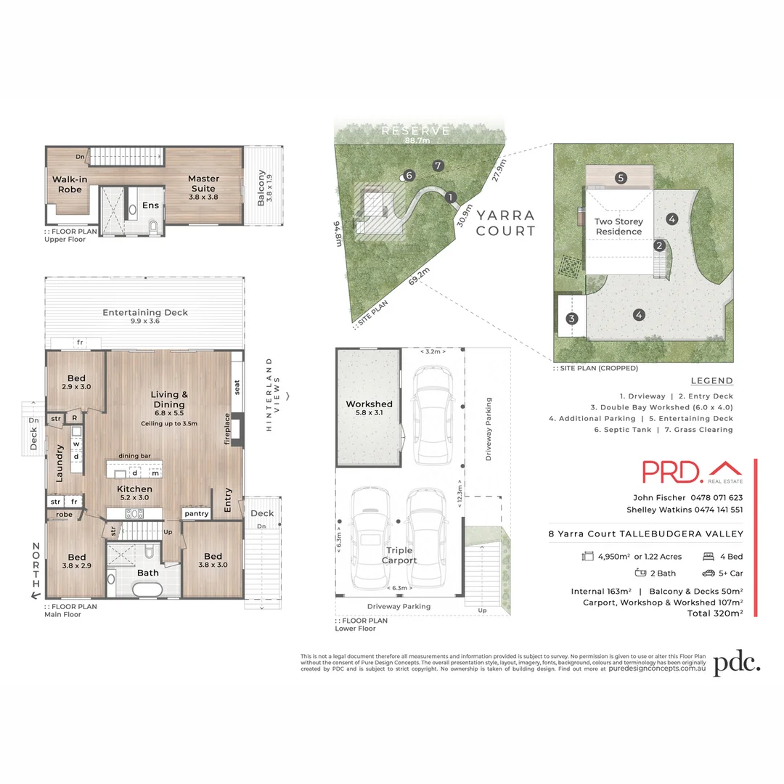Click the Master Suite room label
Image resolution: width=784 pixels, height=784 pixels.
pos(203,184)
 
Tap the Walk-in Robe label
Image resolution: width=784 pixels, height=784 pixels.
pos(66,184)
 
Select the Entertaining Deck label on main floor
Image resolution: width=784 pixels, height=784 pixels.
pos(145,313)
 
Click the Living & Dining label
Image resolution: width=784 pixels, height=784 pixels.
pos(169,399)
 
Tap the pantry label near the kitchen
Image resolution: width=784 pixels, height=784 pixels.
pos(196,514)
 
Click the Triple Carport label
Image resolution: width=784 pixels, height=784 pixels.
pos(399,555)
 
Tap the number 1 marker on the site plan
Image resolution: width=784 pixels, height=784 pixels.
pos(450,197)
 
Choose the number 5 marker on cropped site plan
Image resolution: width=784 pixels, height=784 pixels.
pos(621,177)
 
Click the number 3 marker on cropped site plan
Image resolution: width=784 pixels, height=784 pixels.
pos(572,318)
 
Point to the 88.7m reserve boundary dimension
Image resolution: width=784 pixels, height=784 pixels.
pos(417,141)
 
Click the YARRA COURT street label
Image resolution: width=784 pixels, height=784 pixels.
pos(506,223)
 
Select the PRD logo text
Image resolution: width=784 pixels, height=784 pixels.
pos(671,472)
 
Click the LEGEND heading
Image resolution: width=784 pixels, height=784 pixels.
pos(711,381)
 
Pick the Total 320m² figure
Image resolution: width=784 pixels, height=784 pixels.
pos(715,613)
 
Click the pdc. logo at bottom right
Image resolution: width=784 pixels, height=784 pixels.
pos(736,663)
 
